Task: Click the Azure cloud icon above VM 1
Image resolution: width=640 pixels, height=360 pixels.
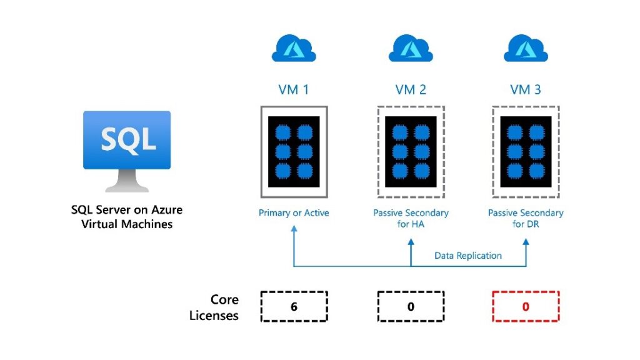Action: click(x=294, y=48)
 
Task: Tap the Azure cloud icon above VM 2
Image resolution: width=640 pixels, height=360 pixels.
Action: click(x=411, y=48)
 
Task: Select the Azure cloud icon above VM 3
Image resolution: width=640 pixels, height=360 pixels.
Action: click(x=526, y=48)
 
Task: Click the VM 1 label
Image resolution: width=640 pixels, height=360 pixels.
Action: click(x=294, y=89)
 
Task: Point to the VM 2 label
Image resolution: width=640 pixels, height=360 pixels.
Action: click(x=411, y=89)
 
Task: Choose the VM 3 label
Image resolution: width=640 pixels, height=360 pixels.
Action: click(x=526, y=89)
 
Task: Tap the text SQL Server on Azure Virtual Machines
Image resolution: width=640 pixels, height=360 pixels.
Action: click(x=127, y=217)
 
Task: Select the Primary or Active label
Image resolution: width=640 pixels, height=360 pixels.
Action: click(x=294, y=213)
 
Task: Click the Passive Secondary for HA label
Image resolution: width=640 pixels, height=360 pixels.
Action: click(x=411, y=218)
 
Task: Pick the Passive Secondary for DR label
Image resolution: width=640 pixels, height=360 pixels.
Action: click(x=526, y=218)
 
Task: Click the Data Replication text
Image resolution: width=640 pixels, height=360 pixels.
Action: click(x=468, y=256)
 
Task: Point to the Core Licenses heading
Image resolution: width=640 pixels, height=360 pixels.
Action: click(x=214, y=307)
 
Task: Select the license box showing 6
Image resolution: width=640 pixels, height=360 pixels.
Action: click(x=294, y=307)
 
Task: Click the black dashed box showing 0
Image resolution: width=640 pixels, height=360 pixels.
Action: click(x=411, y=307)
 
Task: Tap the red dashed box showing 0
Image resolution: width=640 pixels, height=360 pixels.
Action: click(x=526, y=307)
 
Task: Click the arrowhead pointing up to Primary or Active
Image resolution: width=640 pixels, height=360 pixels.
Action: click(x=294, y=230)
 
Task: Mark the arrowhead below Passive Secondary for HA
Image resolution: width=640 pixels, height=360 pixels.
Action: click(x=411, y=241)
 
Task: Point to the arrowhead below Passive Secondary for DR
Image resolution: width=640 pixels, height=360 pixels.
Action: click(x=526, y=241)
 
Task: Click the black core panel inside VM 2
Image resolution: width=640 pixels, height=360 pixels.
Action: click(x=411, y=151)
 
